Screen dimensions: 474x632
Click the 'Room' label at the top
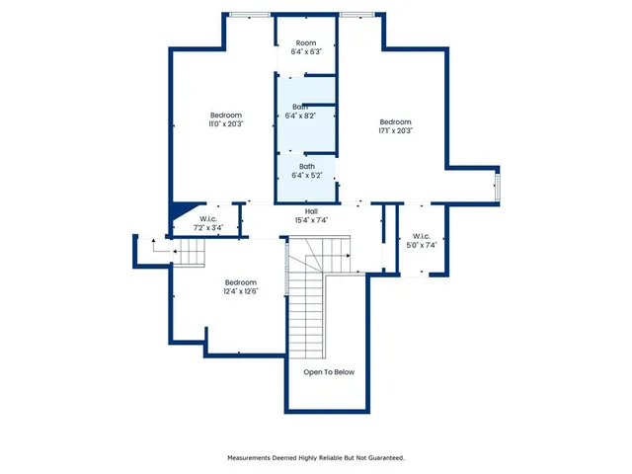pos(305,43)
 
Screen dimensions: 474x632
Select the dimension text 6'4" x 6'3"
pos(305,52)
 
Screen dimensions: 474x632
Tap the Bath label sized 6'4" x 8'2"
pos(299,107)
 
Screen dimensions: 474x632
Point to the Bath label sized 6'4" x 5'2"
pos(307,167)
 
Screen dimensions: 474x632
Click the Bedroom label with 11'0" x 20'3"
pos(225,116)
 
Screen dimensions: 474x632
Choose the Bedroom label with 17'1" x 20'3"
pos(395,121)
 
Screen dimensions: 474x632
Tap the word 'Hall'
pos(311,211)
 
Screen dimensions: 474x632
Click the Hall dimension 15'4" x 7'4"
pos(311,220)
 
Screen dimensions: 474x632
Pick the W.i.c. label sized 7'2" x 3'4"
pos(208,219)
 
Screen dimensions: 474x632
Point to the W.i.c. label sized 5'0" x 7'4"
pos(422,236)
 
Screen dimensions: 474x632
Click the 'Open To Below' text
pos(329,372)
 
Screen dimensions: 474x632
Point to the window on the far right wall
pos(498,186)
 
